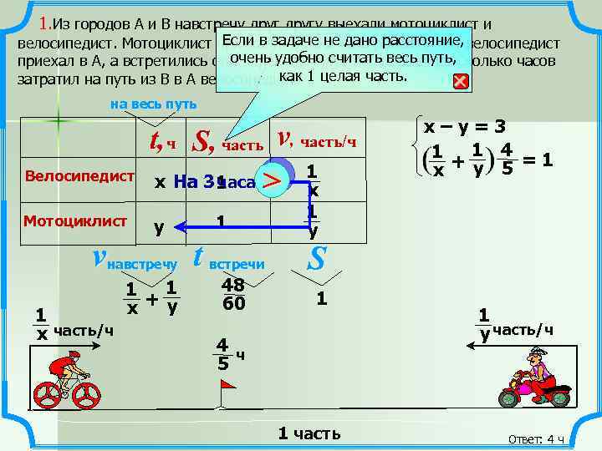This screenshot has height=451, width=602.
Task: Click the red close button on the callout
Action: point(460,82)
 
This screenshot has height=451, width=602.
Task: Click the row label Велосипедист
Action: point(80,177)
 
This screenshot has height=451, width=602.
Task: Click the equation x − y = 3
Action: point(464,128)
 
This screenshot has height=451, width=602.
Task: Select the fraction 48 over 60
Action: point(233,294)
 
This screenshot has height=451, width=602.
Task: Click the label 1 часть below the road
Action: point(309,433)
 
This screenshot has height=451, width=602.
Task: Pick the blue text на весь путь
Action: point(154,104)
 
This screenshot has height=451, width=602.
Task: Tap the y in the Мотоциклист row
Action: point(158,226)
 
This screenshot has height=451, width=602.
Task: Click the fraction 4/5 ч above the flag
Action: point(226,355)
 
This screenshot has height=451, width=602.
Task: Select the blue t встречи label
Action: point(228,261)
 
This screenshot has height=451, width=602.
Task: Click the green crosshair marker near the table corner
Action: point(59,120)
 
